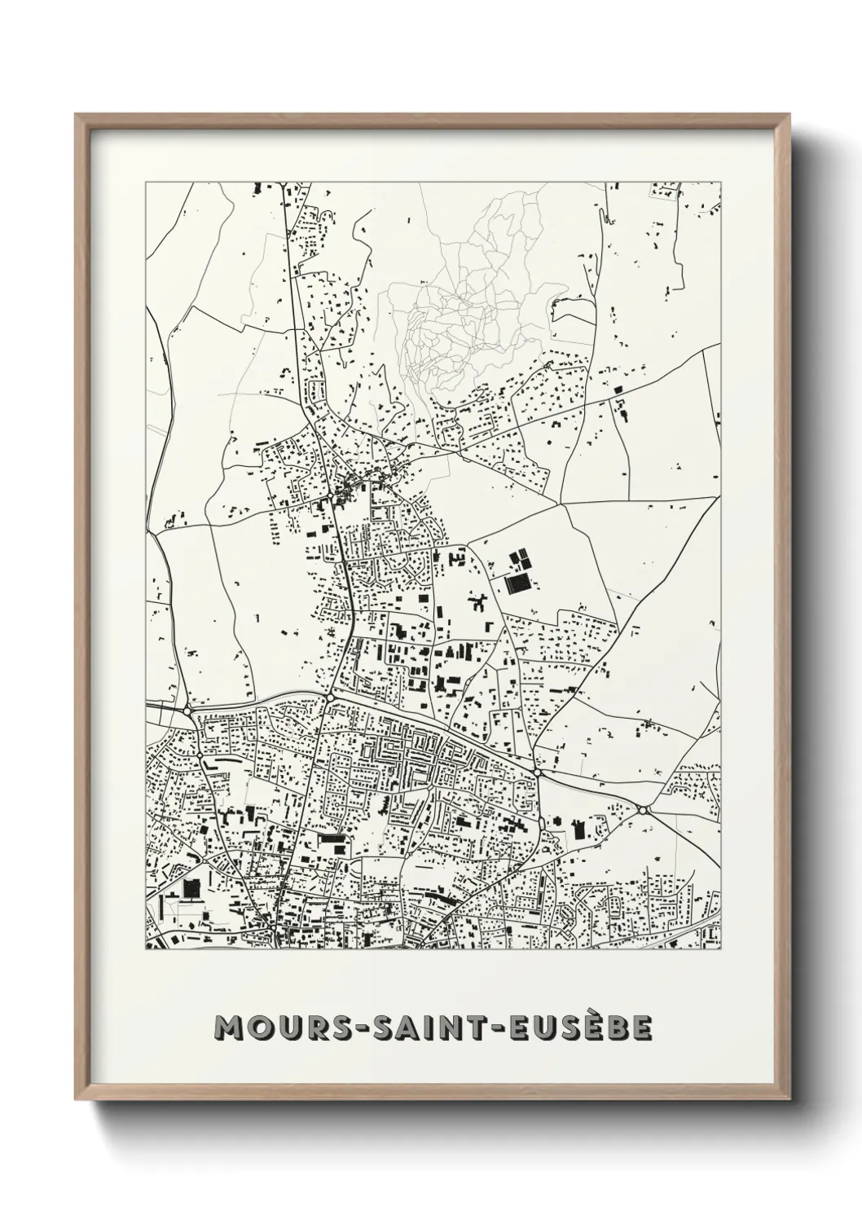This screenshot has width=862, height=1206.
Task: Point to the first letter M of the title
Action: point(224,1028)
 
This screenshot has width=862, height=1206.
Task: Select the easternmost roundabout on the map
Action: point(642,810)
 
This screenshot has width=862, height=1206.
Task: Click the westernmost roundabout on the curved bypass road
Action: point(187,711)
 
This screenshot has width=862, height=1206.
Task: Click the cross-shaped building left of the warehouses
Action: point(476,604)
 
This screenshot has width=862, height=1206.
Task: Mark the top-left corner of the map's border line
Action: point(146,183)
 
